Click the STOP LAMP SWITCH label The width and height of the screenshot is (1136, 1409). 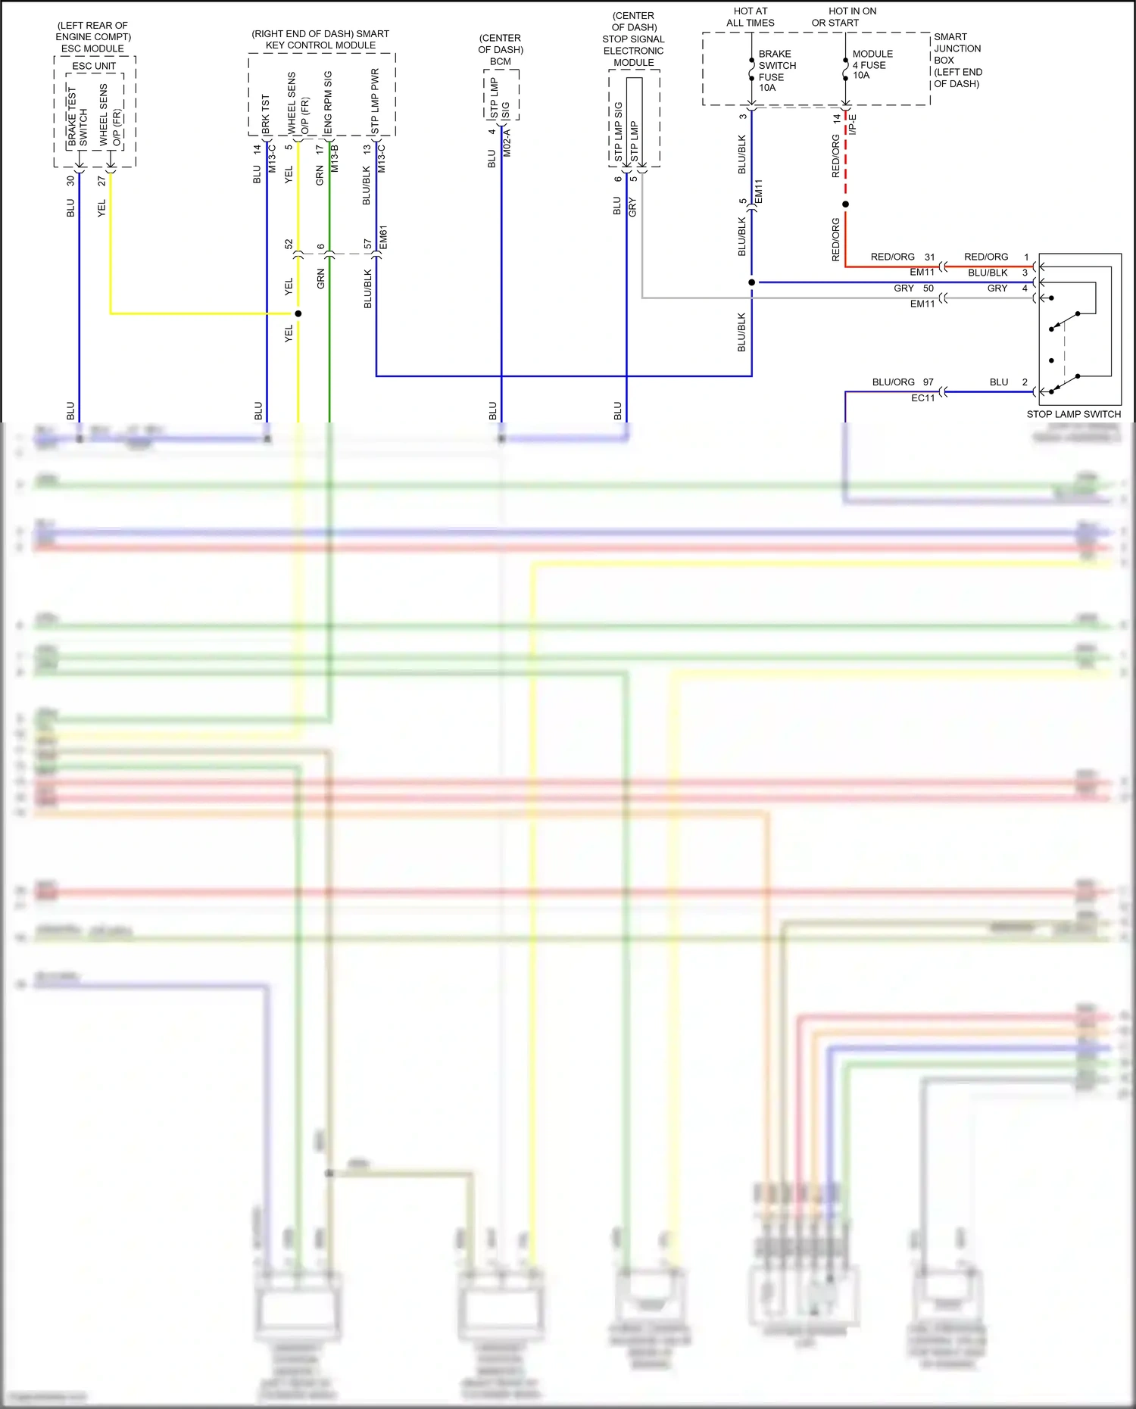[1073, 414]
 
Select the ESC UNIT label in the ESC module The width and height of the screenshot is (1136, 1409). [94, 66]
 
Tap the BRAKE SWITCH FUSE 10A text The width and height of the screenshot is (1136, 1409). [776, 70]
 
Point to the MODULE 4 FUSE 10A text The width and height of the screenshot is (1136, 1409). [872, 64]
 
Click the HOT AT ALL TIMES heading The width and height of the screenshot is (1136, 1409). [750, 17]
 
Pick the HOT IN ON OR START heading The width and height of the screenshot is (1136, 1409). [843, 17]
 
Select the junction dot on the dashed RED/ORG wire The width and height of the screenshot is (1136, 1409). [846, 204]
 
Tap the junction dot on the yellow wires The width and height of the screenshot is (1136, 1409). [298, 313]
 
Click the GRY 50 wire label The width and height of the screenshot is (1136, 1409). [913, 288]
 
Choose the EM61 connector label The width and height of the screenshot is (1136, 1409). [383, 237]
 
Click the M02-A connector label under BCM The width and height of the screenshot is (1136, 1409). [507, 143]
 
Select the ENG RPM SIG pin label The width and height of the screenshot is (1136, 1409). [328, 102]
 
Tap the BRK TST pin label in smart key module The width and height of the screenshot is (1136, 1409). [265, 114]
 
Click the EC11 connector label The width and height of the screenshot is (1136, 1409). [922, 398]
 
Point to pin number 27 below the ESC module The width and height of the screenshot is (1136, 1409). [102, 181]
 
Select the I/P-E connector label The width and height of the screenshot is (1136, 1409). [853, 124]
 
